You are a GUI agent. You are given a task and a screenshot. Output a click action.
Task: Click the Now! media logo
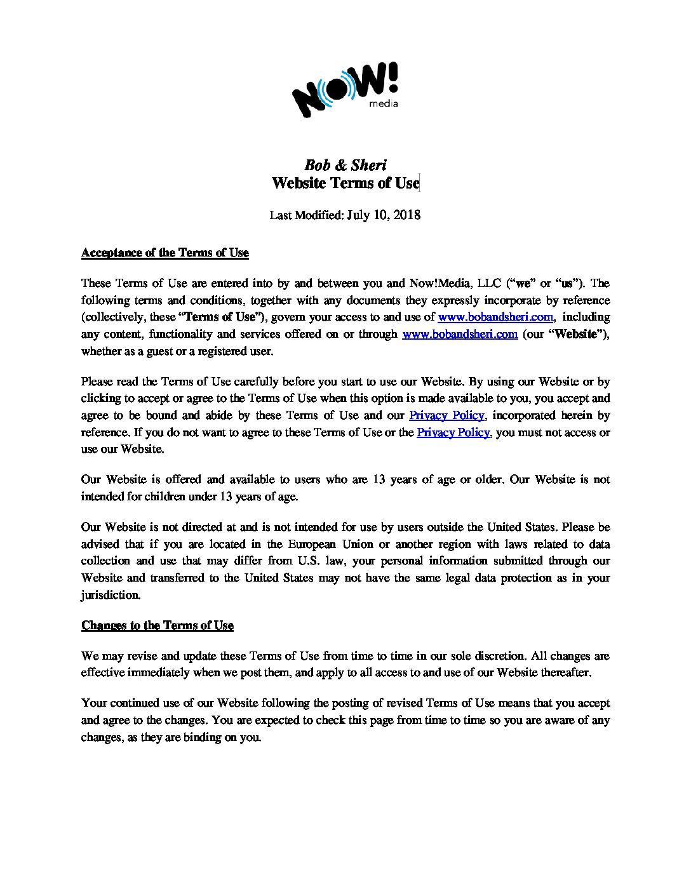tap(345, 90)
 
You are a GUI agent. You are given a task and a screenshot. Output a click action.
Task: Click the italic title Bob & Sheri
tap(345, 165)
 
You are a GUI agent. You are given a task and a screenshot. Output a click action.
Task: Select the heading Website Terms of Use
tap(345, 183)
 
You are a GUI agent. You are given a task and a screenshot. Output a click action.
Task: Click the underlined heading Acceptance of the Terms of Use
tap(164, 253)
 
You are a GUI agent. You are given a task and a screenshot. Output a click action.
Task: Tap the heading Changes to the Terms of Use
tap(157, 625)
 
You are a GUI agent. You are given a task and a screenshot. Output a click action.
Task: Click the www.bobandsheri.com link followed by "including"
tap(495, 317)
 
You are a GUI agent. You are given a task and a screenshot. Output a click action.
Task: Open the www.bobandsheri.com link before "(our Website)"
tap(460, 334)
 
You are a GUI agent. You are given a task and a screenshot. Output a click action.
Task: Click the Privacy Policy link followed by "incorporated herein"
tap(446, 415)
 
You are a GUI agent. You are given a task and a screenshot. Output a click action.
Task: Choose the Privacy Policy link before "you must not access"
tap(453, 432)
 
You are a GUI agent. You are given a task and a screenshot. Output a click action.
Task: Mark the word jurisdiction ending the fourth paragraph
tap(111, 595)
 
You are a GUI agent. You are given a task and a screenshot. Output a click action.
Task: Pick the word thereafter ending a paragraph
tap(565, 672)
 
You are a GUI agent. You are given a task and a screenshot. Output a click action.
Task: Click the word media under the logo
tap(384, 103)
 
